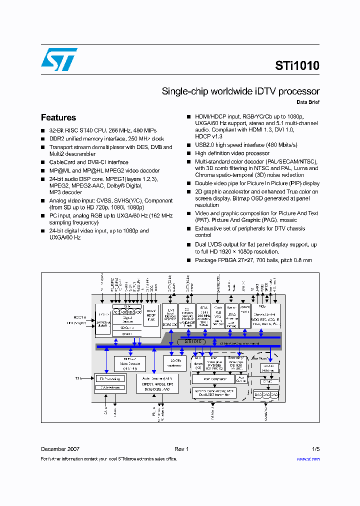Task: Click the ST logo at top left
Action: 59,59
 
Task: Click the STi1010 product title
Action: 296,65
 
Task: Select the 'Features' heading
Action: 58,117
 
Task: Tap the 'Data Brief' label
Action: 307,102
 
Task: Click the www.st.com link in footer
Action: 308,458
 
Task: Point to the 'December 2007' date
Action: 60,449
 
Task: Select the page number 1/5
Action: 315,449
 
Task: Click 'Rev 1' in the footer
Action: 181,449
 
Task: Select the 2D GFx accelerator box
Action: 174,363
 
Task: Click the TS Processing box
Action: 110,378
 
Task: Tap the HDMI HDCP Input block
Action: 151,314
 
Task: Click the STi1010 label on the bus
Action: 194,341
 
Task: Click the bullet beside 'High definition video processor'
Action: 189,153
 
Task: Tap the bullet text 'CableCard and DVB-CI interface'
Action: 88,162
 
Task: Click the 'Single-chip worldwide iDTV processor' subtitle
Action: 240,91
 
